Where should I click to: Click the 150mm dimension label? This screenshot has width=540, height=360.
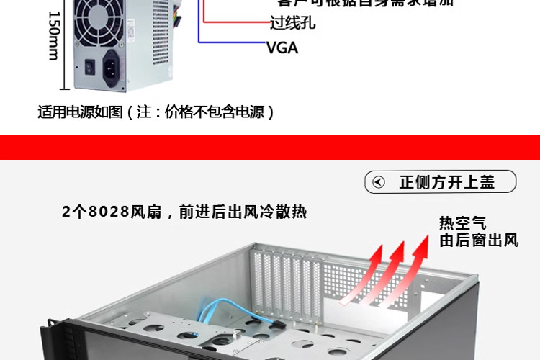53,35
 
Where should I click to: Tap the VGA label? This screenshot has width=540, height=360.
282,48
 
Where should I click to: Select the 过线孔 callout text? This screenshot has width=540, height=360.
292,23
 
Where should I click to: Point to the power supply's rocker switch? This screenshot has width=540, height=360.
90,68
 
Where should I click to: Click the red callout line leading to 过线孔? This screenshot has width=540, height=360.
238,23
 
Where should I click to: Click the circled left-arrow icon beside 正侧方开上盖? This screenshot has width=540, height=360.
379,183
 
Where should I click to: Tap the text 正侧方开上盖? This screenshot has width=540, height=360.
447,183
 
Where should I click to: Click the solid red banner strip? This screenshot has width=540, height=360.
270,147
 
